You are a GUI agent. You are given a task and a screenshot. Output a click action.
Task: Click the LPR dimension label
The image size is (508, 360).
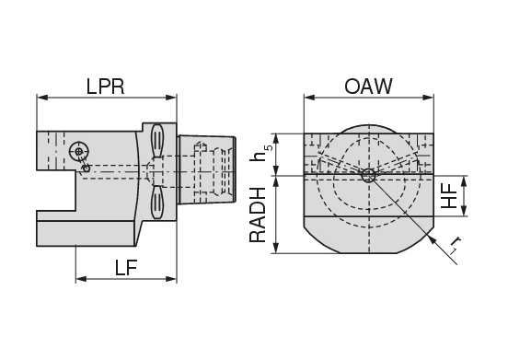tap(105, 87)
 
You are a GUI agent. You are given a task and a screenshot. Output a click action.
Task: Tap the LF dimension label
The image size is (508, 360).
tap(127, 268)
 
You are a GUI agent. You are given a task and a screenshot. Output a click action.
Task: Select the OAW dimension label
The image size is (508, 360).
tap(368, 87)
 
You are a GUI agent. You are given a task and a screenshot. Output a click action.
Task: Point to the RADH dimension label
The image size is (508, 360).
tap(259, 214)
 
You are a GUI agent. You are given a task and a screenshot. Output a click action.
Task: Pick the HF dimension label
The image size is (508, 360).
tap(450, 195)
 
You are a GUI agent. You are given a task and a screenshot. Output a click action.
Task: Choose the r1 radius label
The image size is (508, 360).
tap(455, 246)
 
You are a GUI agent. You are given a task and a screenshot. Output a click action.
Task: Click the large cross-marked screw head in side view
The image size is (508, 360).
tap(80, 151)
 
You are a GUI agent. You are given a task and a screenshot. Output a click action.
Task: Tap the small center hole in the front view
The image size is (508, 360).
tap(368, 173)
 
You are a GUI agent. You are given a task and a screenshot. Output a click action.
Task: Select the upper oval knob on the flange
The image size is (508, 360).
tap(158, 141)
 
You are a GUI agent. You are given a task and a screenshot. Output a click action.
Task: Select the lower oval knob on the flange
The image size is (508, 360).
tap(158, 202)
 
